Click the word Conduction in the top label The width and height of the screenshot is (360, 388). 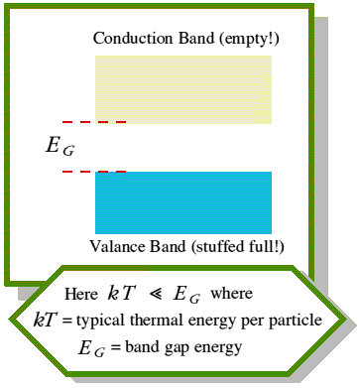click(133, 38)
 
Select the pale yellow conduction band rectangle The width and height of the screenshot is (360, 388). click(183, 89)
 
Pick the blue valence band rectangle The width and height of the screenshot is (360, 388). click(183, 202)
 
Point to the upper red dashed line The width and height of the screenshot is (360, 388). click(94, 122)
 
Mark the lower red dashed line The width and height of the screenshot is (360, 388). click(94, 172)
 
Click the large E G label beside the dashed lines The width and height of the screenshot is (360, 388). click(60, 146)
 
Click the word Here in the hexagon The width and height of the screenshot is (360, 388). click(81, 294)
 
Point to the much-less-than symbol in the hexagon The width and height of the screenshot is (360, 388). click(156, 294)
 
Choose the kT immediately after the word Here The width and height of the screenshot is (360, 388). click(122, 293)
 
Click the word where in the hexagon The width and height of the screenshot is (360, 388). click(232, 293)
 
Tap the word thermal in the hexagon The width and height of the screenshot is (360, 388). click(155, 320)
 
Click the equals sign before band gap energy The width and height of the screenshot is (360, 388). click(116, 347)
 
